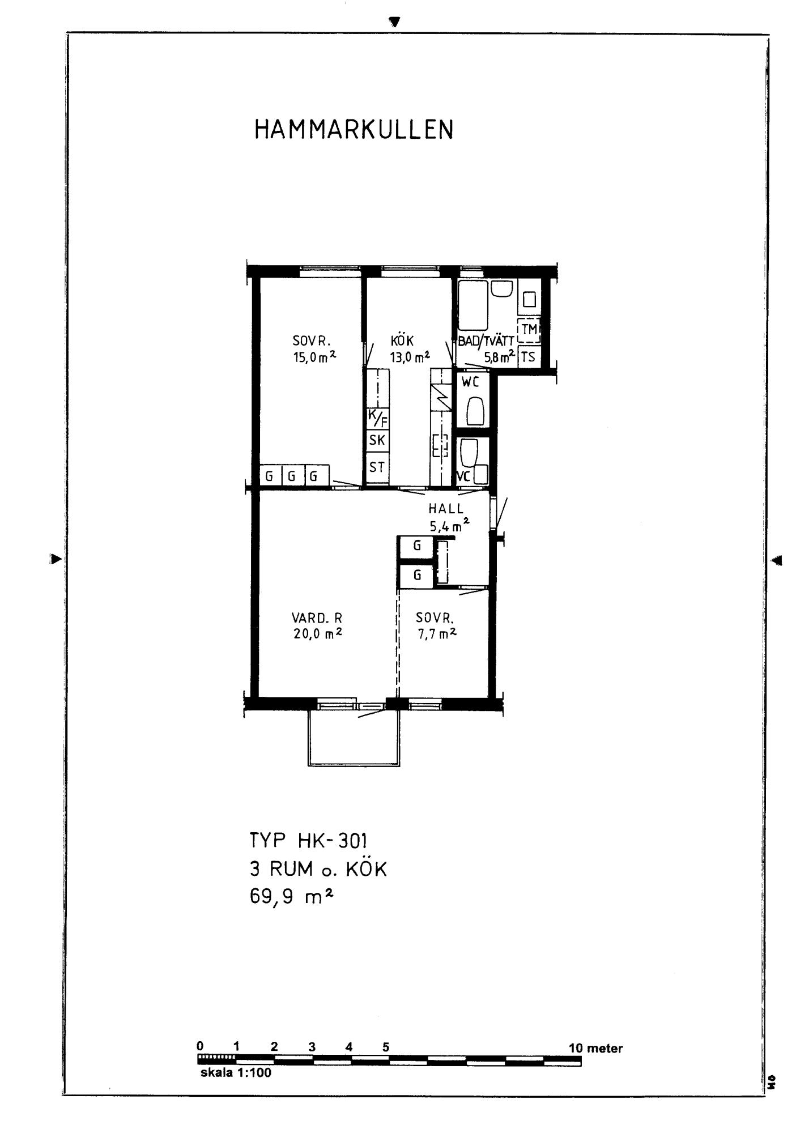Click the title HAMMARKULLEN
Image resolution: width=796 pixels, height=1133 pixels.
tap(354, 130)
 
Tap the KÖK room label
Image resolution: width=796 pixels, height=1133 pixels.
tap(402, 340)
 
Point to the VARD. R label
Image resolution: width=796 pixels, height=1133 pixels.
tap(317, 618)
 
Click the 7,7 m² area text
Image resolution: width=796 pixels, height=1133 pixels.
tap(437, 634)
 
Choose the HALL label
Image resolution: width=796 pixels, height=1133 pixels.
tap(446, 509)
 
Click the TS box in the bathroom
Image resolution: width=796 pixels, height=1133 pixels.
tap(528, 357)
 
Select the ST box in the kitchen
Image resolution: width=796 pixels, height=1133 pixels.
tap(377, 468)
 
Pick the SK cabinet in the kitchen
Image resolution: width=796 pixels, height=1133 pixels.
tap(377, 440)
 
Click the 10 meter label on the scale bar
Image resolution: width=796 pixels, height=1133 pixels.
tap(595, 1048)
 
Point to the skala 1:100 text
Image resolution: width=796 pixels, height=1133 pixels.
tap(236, 1073)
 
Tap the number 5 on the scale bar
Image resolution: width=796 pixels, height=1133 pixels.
tap(386, 1047)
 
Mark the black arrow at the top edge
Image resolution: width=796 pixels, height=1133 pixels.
tap(395, 22)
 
